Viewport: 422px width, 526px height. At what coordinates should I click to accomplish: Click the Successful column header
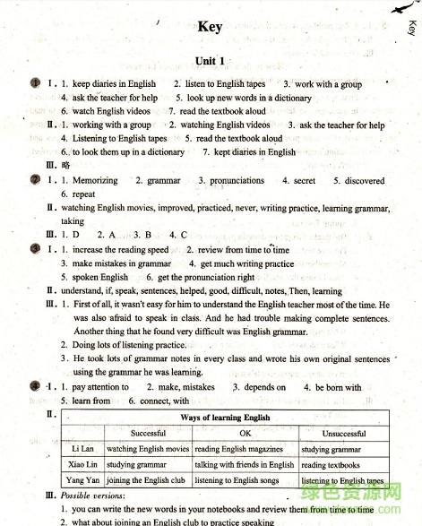[148, 434]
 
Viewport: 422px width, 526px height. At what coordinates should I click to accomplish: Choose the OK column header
[245, 434]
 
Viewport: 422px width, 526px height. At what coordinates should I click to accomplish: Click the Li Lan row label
[82, 450]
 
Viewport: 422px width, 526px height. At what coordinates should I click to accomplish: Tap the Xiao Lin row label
[82, 465]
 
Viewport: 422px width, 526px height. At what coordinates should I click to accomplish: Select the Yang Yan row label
[82, 481]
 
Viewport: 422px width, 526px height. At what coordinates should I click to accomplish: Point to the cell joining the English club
[143, 481]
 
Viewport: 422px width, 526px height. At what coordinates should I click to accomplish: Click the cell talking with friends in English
[244, 465]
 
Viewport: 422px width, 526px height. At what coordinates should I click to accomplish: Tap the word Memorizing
[95, 181]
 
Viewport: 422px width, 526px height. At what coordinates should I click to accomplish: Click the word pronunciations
[237, 181]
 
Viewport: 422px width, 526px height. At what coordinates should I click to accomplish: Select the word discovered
[365, 181]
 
